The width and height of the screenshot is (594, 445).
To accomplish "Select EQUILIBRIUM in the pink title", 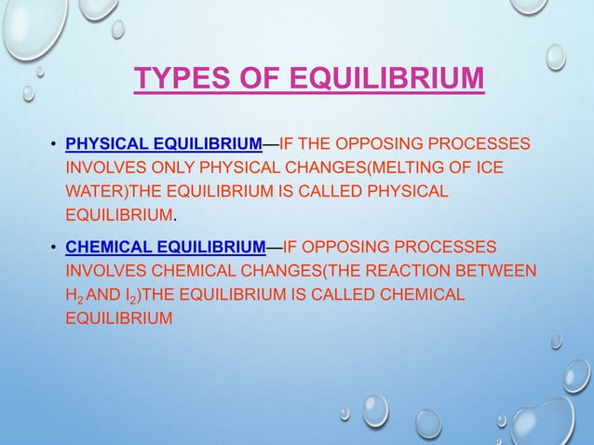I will point(384,78).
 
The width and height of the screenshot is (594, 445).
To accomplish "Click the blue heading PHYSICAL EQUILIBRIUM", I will point(163,144).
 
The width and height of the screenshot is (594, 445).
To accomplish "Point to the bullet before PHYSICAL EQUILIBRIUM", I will point(53,145).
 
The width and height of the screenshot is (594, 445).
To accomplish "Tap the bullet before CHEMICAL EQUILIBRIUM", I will point(53,248).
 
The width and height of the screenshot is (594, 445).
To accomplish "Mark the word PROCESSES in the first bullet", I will point(481,144).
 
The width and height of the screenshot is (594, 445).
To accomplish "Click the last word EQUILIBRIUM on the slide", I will point(119,318).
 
